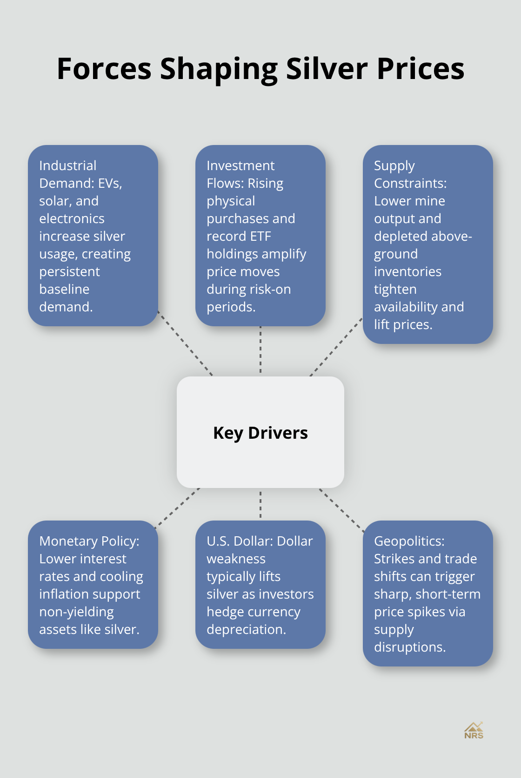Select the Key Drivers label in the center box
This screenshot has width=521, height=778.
(x=260, y=433)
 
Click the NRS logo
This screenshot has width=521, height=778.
(x=474, y=731)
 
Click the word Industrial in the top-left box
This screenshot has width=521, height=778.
(x=68, y=165)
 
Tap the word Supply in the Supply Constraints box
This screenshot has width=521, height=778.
(x=394, y=165)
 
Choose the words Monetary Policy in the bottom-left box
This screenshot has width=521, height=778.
(x=89, y=541)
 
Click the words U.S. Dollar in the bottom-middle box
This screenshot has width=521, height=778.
(x=240, y=541)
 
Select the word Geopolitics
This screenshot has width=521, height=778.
(x=409, y=541)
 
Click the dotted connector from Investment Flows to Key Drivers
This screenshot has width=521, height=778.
(x=260, y=351)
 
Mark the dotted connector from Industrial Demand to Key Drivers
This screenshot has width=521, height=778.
(x=185, y=343)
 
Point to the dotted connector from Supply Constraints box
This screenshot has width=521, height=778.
(x=336, y=347)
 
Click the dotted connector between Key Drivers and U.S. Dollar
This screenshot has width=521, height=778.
(x=260, y=504)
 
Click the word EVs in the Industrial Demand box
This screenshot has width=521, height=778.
(x=109, y=183)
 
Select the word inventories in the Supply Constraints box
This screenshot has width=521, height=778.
(x=407, y=271)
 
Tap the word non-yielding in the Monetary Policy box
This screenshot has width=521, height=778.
(x=76, y=612)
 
